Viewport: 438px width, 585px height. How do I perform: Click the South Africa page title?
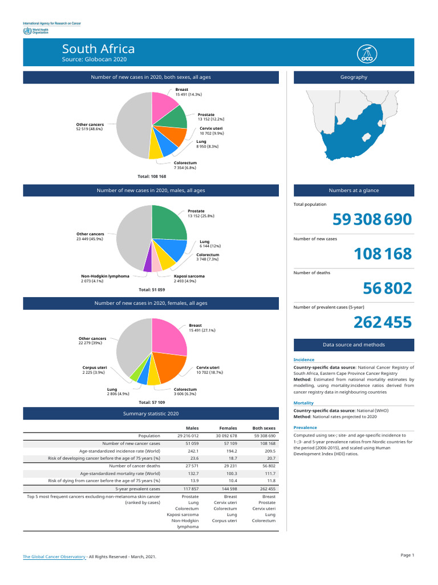coord(98,49)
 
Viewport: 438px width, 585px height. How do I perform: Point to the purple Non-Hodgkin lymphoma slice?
coord(148,265)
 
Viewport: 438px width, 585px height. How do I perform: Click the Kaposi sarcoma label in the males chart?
coord(189,276)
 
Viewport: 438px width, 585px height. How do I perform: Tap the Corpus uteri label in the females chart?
coord(95,367)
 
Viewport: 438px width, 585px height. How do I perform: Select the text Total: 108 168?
coord(151,177)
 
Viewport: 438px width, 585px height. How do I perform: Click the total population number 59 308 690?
coord(371,219)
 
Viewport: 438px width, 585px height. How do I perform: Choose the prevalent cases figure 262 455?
coord(382,323)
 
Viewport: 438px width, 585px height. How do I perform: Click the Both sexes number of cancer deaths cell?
coord(267,466)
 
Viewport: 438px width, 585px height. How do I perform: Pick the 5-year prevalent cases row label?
coord(137,489)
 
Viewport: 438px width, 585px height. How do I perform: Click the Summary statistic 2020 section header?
coord(151,413)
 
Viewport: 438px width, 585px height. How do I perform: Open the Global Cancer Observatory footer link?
coord(54,556)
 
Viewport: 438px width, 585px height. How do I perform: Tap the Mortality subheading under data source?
coord(303,403)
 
